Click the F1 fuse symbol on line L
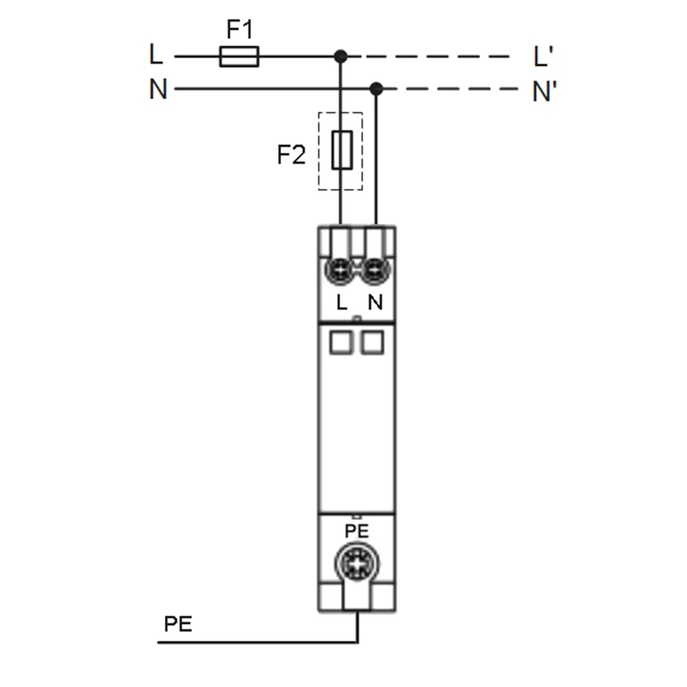(x=240, y=57)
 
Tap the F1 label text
(x=240, y=29)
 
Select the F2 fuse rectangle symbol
(x=342, y=149)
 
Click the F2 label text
(x=291, y=155)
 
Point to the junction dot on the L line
(x=340, y=57)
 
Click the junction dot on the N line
(x=376, y=89)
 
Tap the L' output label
(x=544, y=57)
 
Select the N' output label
(x=544, y=91)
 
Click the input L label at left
(x=155, y=54)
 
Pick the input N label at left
(x=158, y=89)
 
